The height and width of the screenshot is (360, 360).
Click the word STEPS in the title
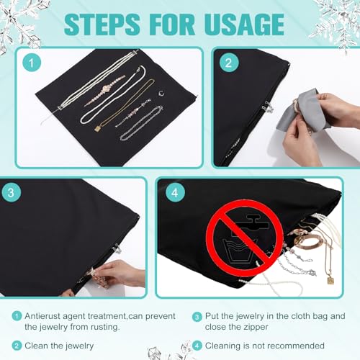tap(102, 24)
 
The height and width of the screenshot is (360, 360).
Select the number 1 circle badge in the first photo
tap(32, 63)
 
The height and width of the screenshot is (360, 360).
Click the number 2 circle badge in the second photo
tap(229, 63)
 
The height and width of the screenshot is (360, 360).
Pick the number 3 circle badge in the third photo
tap(11, 193)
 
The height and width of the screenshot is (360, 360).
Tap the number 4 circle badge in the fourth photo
tap(175, 192)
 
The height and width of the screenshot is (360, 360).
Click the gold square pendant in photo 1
tap(98, 128)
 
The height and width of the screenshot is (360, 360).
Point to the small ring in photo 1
tap(161, 94)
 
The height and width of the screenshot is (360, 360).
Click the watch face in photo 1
tap(106, 89)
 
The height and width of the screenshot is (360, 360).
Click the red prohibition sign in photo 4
tap(245, 238)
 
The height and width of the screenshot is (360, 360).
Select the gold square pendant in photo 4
tap(330, 280)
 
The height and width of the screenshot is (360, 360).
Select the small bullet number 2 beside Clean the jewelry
tap(17, 346)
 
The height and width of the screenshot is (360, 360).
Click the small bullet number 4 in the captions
tap(197, 346)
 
